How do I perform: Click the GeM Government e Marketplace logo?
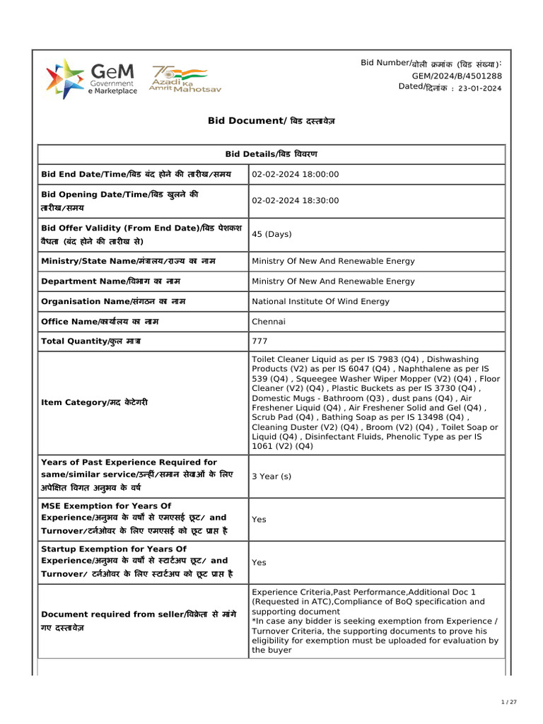coord(91,78)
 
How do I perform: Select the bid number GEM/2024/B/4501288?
coord(457,76)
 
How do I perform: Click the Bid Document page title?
coord(271,121)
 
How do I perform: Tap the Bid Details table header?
coord(271,154)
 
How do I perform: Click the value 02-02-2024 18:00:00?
coord(295,175)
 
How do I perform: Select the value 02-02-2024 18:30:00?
coord(295,201)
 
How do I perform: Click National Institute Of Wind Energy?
coord(320,301)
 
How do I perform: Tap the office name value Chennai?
coord(269,322)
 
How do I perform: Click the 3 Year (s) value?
coord(271,477)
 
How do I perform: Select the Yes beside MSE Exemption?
coord(259,519)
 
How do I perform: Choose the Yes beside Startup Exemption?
coord(259,563)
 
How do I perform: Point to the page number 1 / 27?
coord(509,702)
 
